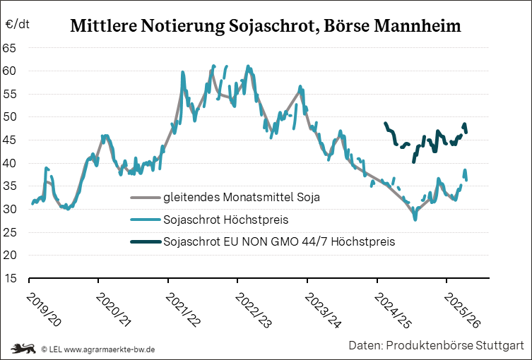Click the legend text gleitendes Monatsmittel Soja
click(x=241, y=197)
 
